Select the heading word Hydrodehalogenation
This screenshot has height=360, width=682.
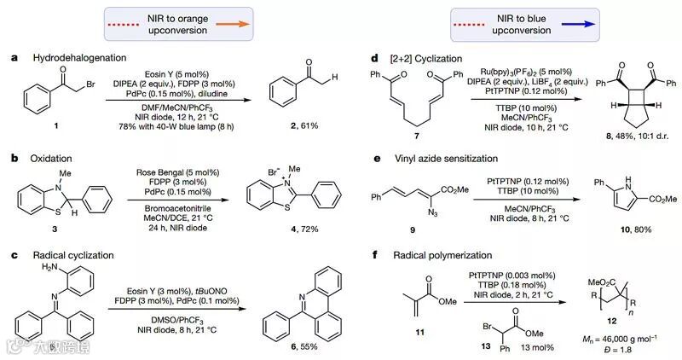[68, 58]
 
